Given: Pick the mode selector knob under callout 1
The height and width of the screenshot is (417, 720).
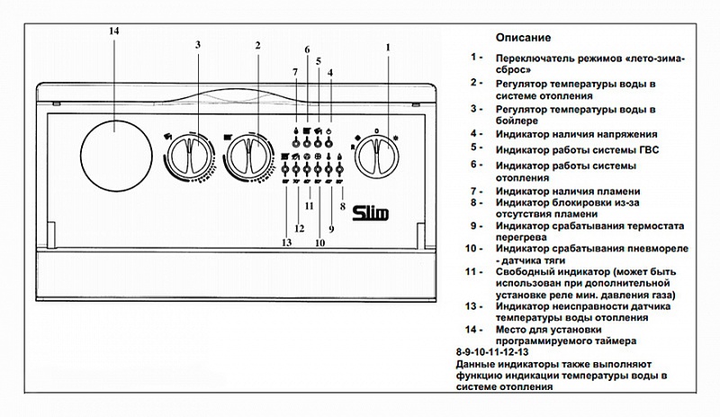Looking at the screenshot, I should pyautogui.click(x=374, y=155).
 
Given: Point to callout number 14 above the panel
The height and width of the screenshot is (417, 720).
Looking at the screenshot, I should pyautogui.click(x=113, y=32).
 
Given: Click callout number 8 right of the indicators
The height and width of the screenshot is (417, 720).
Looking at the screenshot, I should pyautogui.click(x=342, y=206).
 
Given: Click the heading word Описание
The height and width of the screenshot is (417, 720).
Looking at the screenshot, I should pyautogui.click(x=523, y=38).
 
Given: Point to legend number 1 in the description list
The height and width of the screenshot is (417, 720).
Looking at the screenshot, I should pyautogui.click(x=475, y=57).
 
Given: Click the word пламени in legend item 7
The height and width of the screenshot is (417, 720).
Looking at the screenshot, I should pyautogui.click(x=616, y=191).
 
